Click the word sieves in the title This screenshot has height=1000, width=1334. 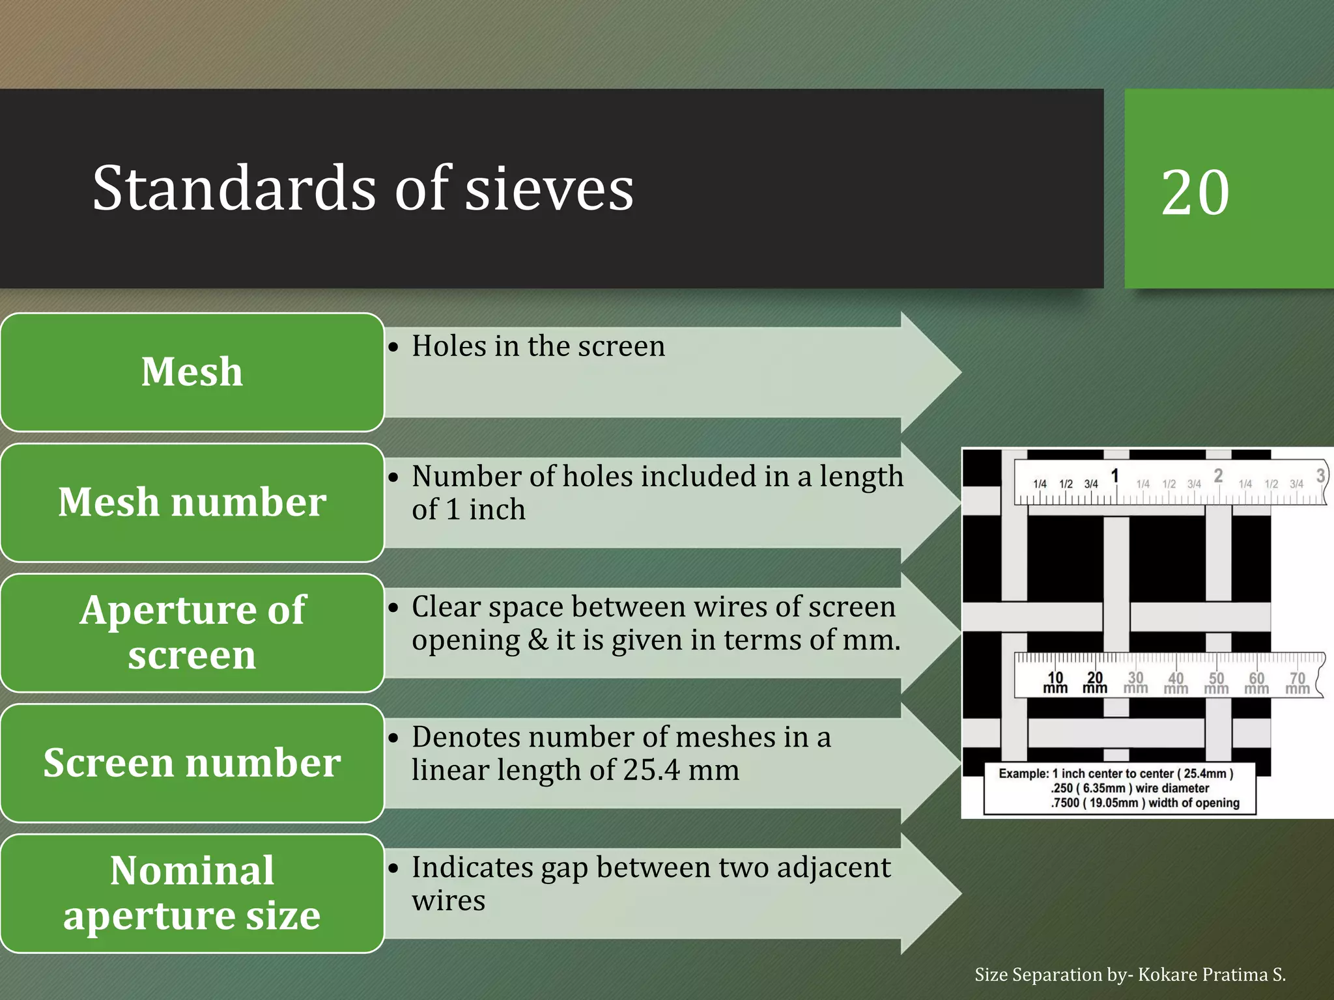click(x=549, y=189)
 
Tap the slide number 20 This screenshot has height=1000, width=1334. click(x=1195, y=192)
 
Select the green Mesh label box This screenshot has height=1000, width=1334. click(x=192, y=372)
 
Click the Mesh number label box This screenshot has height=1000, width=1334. click(x=192, y=502)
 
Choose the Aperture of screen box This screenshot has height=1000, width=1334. click(x=192, y=632)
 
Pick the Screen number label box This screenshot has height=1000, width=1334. click(x=192, y=762)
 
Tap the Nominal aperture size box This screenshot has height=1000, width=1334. click(x=192, y=893)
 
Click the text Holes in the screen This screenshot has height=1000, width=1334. click(x=538, y=346)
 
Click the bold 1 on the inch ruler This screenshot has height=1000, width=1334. click(x=1115, y=476)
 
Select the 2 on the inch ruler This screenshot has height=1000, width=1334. click(x=1218, y=476)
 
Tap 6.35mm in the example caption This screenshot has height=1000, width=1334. click(x=1105, y=788)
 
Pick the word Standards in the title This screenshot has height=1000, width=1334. click(x=234, y=189)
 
